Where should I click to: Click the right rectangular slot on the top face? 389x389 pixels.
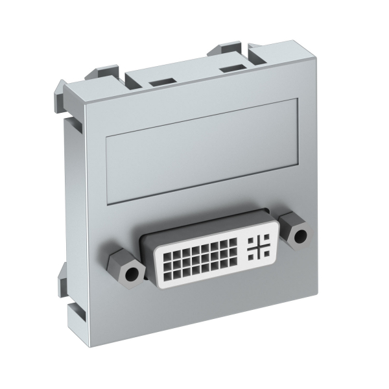[230, 67]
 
